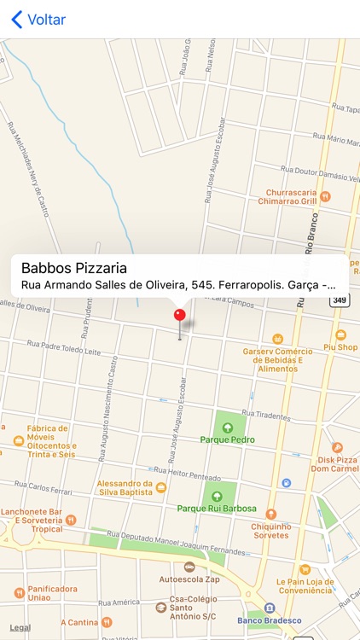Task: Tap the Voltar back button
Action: pyautogui.click(x=38, y=20)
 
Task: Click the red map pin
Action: pyautogui.click(x=179, y=316)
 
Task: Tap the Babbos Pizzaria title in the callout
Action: pyautogui.click(x=74, y=268)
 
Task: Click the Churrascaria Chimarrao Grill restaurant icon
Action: pyautogui.click(x=325, y=197)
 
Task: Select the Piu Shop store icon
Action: pyautogui.click(x=341, y=335)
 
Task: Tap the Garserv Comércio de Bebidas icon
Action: pyautogui.click(x=276, y=339)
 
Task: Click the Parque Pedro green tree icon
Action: pyautogui.click(x=228, y=427)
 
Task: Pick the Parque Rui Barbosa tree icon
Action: pyautogui.click(x=216, y=496)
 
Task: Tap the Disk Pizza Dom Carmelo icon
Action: pyautogui.click(x=337, y=447)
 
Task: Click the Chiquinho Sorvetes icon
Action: pyautogui.click(x=271, y=514)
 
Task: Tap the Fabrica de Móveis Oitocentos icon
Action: pyautogui.click(x=19, y=441)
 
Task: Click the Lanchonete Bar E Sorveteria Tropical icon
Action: pyautogui.click(x=71, y=520)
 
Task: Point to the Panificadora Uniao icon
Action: pyautogui.click(x=20, y=592)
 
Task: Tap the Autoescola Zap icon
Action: pyautogui.click(x=189, y=566)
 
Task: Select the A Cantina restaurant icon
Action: pyautogui.click(x=107, y=622)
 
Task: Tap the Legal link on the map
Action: pyautogui.click(x=20, y=627)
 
